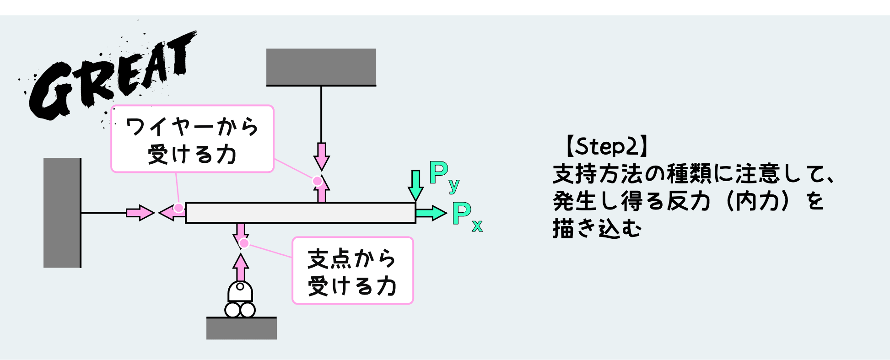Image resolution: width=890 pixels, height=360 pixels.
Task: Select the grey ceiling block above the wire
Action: pyautogui.click(x=321, y=67)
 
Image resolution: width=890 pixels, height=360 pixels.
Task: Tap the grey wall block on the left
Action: pyautogui.click(x=62, y=213)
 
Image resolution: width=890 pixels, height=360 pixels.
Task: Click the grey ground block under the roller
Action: pyautogui.click(x=241, y=328)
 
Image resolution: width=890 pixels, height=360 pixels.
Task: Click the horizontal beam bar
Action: pyautogui.click(x=300, y=213)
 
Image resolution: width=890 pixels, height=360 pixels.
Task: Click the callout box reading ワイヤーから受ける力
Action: pyautogui.click(x=192, y=139)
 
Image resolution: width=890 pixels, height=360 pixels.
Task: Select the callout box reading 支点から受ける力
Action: pyautogui.click(x=352, y=271)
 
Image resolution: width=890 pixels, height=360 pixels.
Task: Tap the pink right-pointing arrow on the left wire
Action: pyautogui.click(x=140, y=213)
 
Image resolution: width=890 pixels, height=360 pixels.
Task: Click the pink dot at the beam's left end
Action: pyautogui.click(x=179, y=208)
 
